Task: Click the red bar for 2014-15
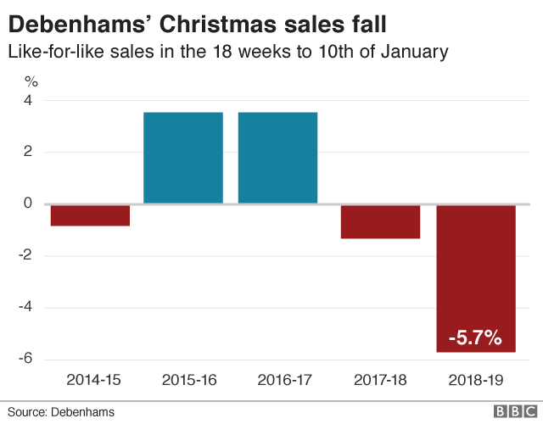click(90, 215)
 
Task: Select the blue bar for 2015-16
click(183, 158)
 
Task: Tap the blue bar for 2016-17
click(278, 158)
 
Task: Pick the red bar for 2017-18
click(381, 221)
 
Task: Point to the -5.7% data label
click(475, 337)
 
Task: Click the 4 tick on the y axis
click(28, 101)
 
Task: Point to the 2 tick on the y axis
click(28, 153)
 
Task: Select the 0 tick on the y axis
click(28, 204)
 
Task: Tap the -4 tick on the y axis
click(25, 308)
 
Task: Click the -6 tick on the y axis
click(25, 360)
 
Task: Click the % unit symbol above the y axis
click(31, 82)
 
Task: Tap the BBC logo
click(511, 411)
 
